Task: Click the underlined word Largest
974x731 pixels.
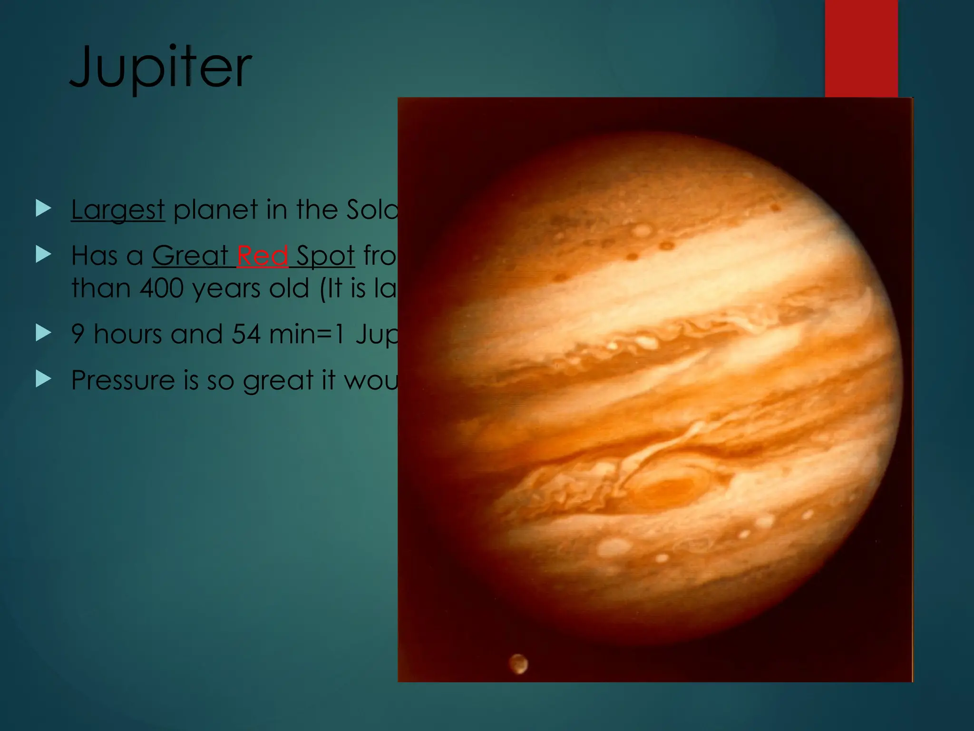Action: pyautogui.click(x=118, y=209)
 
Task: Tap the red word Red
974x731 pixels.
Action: pyautogui.click(x=263, y=256)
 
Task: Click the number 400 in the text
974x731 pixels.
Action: pyautogui.click(x=161, y=288)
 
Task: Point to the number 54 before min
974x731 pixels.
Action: pyautogui.click(x=246, y=334)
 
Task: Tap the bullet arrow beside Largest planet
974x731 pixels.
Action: pyautogui.click(x=43, y=208)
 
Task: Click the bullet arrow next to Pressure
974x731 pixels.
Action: pyautogui.click(x=43, y=379)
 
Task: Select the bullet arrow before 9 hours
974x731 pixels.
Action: pyautogui.click(x=43, y=333)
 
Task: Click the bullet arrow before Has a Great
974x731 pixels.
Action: pyautogui.click(x=43, y=255)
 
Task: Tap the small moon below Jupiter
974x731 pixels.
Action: pyautogui.click(x=518, y=663)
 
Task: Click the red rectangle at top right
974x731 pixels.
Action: pyautogui.click(x=861, y=48)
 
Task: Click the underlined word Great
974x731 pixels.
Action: pyautogui.click(x=190, y=256)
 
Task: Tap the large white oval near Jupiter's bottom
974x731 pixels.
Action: pyautogui.click(x=613, y=547)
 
